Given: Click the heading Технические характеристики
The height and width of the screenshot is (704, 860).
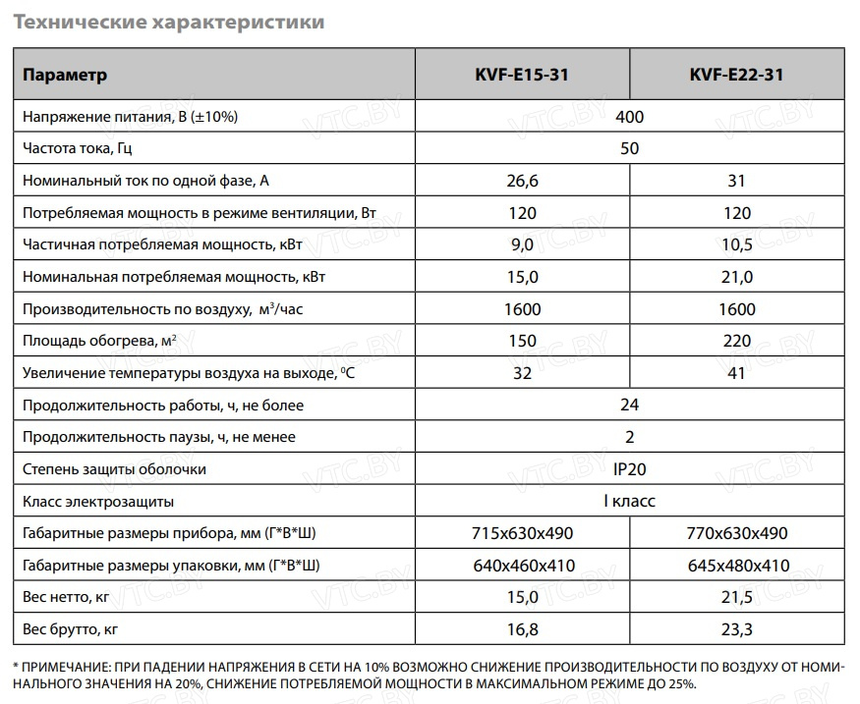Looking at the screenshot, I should click(x=168, y=21).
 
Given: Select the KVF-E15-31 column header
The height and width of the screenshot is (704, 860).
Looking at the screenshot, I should click(x=523, y=76).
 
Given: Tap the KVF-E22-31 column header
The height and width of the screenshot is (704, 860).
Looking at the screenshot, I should click(x=736, y=76).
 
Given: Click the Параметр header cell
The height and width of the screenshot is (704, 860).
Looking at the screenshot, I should click(x=65, y=76).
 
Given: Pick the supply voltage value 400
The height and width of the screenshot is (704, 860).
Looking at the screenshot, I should click(x=629, y=118).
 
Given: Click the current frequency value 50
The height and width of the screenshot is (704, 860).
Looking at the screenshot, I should click(x=629, y=149).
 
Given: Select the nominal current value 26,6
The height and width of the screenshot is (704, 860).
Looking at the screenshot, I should click(x=523, y=182).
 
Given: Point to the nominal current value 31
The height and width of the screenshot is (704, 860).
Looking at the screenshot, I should click(x=736, y=182).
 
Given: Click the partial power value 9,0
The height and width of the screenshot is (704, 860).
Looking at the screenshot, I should click(x=523, y=245).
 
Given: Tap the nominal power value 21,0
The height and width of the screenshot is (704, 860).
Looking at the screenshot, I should click(x=736, y=278).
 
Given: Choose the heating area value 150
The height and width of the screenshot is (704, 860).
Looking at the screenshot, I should click(x=523, y=342).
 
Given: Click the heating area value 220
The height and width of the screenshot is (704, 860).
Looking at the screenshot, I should click(x=736, y=342).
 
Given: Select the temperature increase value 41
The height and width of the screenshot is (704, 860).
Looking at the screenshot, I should click(x=736, y=374).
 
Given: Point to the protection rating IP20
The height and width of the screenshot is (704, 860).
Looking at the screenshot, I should click(x=629, y=469).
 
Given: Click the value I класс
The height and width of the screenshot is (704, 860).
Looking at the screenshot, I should click(x=629, y=502).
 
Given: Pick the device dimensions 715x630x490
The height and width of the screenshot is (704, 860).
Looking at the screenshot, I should click(x=523, y=534).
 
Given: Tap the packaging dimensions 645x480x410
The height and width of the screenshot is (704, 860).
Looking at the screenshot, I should click(x=736, y=567).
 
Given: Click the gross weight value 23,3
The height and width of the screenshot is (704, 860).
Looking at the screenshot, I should click(x=736, y=629).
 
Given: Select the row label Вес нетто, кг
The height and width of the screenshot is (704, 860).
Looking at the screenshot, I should click(x=63, y=598).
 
